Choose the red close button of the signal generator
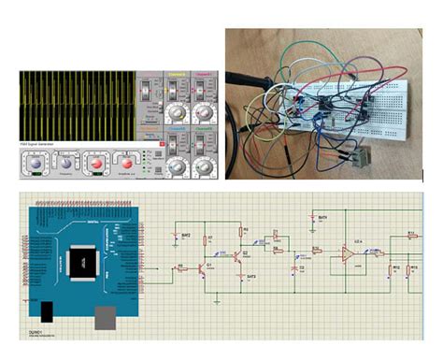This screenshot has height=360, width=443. click(162, 144)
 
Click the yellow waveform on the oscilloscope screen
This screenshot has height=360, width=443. click(75, 103)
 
